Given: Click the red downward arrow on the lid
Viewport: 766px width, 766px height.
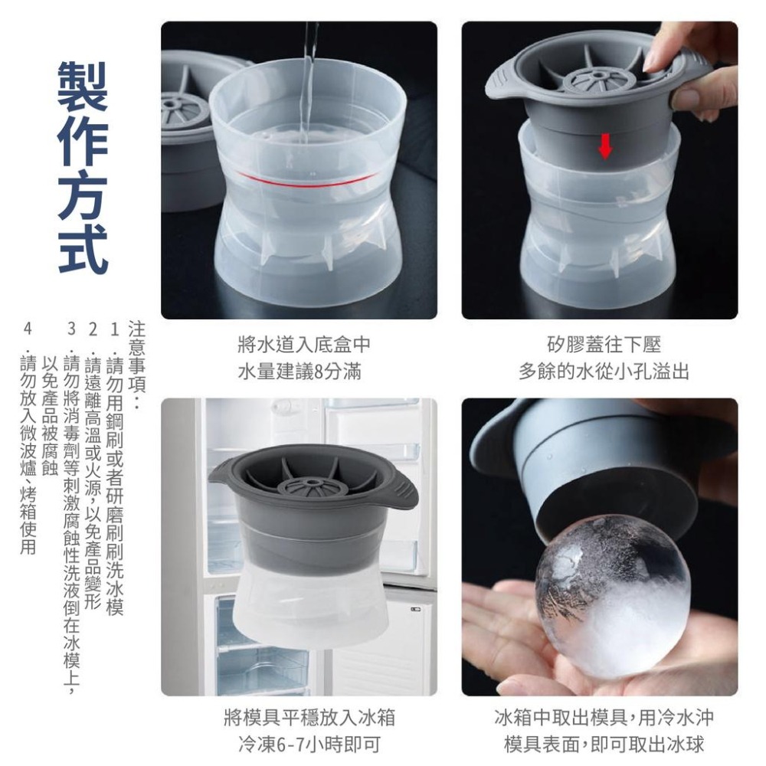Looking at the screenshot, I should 605,146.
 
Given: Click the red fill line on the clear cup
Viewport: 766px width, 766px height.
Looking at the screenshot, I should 306,181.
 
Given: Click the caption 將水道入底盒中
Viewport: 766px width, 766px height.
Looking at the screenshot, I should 299,346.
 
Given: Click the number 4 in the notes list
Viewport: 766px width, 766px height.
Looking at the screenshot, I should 28,328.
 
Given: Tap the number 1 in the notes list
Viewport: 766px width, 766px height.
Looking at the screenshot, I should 115,328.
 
